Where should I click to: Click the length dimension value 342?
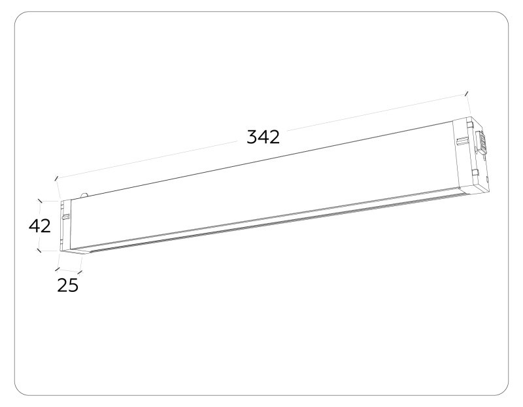[263, 137]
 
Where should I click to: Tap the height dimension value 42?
[40, 226]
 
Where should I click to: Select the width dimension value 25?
[67, 285]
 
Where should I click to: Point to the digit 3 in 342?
[252, 137]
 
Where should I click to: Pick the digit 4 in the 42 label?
[35, 226]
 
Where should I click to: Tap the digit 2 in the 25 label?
[62, 285]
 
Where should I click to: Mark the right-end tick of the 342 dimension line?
[467, 94]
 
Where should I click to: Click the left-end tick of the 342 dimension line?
[57, 177]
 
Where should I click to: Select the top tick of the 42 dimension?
[41, 202]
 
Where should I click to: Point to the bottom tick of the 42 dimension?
[41, 249]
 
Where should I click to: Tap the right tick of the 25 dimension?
[80, 270]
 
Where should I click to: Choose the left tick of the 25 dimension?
[58, 267]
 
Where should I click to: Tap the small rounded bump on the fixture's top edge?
[84, 194]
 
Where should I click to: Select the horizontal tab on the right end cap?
[462, 140]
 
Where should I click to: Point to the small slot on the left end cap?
[64, 214]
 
